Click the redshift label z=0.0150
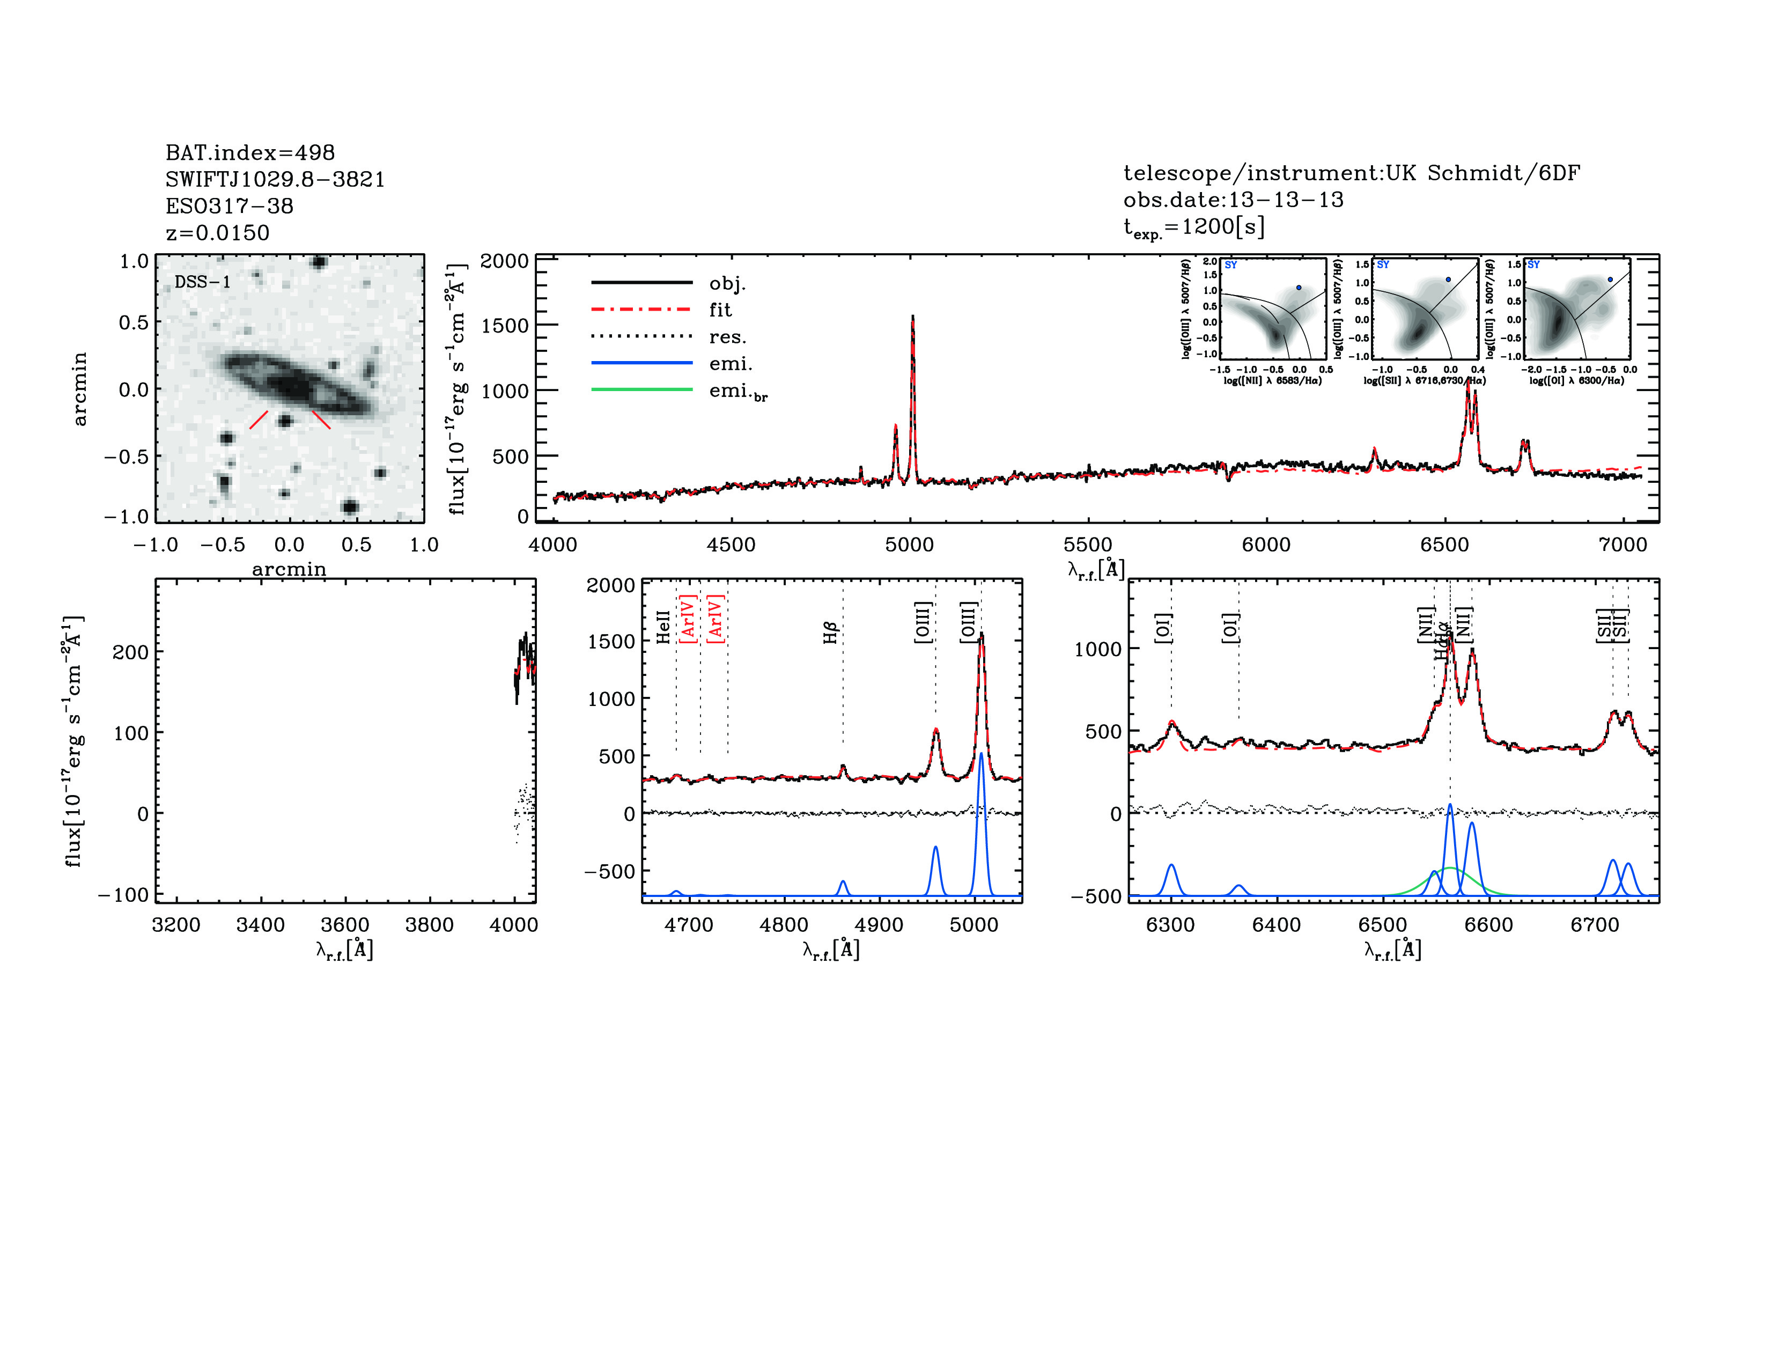(217, 233)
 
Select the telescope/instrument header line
(1351, 173)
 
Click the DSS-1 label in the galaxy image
(203, 282)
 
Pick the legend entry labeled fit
(720, 310)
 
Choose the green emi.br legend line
(642, 390)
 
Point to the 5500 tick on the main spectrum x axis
(1088, 545)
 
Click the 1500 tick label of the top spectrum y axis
(504, 326)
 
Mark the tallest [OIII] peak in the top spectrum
(912, 318)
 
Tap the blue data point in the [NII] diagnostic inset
(1299, 288)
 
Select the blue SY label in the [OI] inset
(1533, 264)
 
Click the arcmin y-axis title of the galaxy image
(79, 389)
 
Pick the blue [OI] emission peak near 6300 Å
(1171, 865)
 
